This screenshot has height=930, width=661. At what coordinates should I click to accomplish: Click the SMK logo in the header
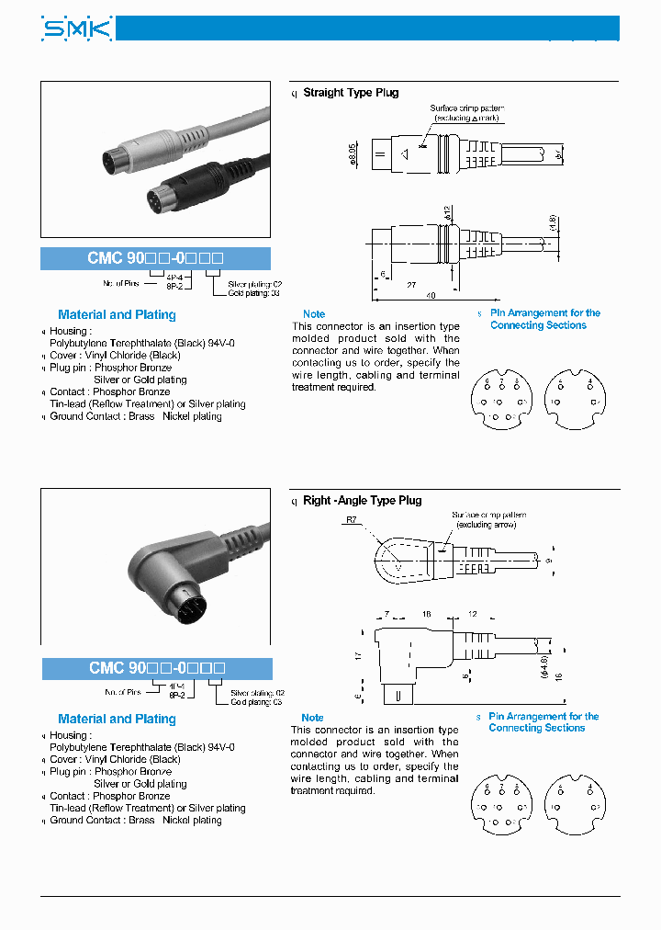tap(77, 29)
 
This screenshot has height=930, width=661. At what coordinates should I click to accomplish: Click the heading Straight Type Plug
tap(351, 93)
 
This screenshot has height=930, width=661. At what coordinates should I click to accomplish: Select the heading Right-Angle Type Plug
tap(362, 501)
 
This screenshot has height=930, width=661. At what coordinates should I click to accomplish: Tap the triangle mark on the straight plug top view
tap(402, 153)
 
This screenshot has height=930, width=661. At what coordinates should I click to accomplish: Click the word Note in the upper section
tap(314, 314)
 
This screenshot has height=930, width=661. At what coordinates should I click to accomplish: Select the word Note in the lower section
tap(313, 718)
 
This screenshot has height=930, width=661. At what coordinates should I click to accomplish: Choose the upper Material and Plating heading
tap(117, 315)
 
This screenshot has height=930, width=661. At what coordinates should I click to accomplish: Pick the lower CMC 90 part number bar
tap(156, 668)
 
